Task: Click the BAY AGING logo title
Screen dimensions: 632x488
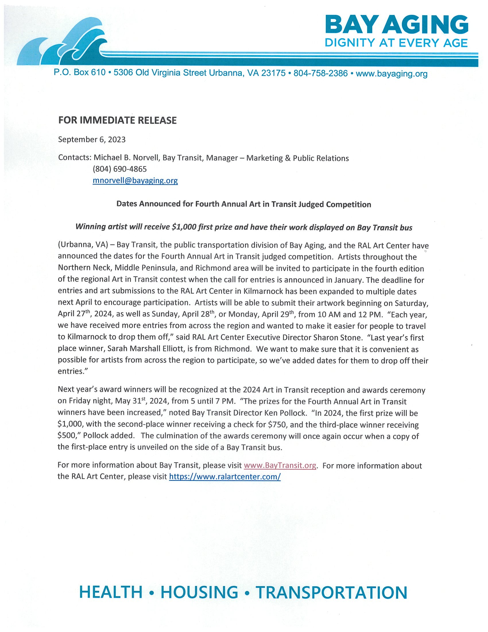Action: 396,25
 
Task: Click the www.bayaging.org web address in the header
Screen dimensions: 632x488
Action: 392,74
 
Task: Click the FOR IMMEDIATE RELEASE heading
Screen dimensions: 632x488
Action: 117,120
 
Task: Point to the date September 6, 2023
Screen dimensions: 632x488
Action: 92,140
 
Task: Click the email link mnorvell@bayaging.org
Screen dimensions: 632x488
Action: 135,181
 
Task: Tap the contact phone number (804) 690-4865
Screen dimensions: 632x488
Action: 120,169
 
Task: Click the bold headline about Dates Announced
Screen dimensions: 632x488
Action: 244,204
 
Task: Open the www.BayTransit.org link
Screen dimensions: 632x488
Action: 280,465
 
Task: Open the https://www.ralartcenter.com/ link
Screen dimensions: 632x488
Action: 225,477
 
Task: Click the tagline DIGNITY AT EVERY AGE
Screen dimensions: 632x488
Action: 396,43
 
